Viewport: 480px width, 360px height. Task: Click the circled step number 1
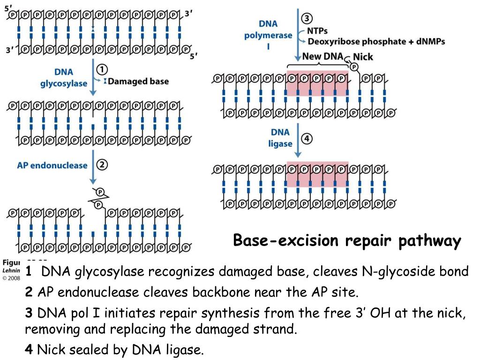101,69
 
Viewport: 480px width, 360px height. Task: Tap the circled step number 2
102,165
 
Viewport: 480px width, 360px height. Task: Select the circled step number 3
307,19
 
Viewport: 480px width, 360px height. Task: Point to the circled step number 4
307,139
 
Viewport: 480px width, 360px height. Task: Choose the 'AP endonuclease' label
52,165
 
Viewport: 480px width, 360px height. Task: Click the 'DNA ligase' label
280,138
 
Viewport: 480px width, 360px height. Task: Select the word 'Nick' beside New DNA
363,57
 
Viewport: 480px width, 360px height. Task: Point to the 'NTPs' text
317,31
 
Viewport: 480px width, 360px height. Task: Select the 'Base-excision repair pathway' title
347,241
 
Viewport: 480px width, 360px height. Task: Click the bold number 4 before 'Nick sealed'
29,350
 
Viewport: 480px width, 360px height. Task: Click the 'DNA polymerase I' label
268,36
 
